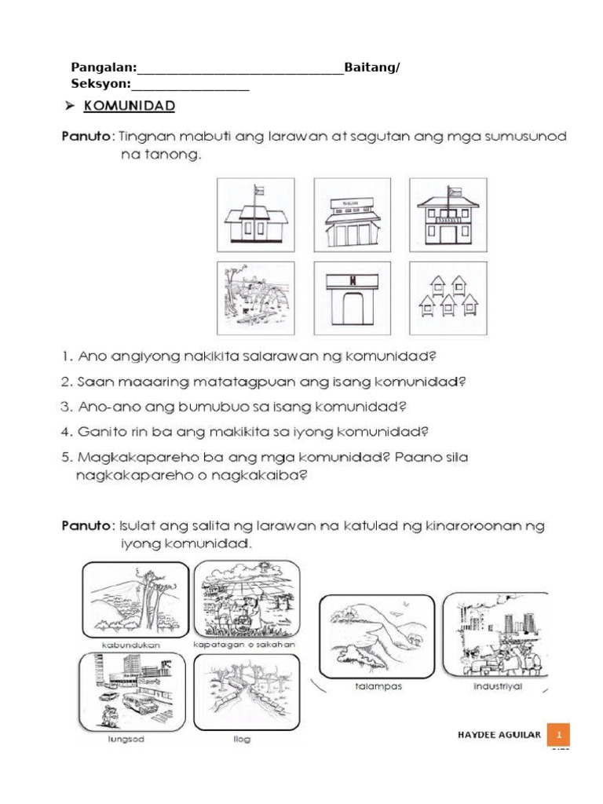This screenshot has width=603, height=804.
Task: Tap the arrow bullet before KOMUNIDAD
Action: coord(69,104)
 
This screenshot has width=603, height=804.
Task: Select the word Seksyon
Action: coord(100,83)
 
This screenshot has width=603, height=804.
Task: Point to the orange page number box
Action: coord(559,735)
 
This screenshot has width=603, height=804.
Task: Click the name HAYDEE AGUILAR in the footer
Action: coord(499,735)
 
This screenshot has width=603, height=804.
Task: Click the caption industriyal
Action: coord(497,685)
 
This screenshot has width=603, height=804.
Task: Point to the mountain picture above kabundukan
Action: coord(134,599)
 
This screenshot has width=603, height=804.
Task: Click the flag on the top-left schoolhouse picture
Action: coord(258,191)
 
